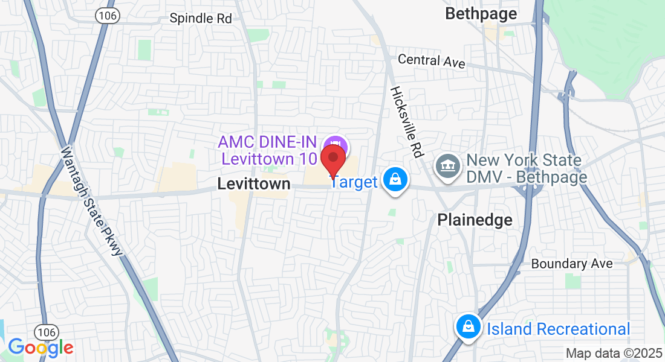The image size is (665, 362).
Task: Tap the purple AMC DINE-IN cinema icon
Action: tap(334, 145)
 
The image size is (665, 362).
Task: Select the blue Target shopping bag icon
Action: tap(395, 180)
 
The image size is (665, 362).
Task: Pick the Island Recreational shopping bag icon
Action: tap(468, 328)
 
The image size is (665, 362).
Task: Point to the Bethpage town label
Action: tap(481, 14)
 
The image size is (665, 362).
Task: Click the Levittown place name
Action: tap(254, 184)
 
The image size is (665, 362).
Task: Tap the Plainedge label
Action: tap(475, 220)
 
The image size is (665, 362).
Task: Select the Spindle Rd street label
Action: tap(201, 18)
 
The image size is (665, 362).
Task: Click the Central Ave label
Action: tap(431, 61)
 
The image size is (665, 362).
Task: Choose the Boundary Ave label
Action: tap(572, 264)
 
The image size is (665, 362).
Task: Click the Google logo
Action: tap(41, 348)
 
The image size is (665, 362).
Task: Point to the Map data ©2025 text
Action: tap(614, 353)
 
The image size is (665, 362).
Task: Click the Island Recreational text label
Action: tap(559, 329)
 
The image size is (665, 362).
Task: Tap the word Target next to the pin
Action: tap(355, 182)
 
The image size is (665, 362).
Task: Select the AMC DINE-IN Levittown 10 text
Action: tap(268, 150)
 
